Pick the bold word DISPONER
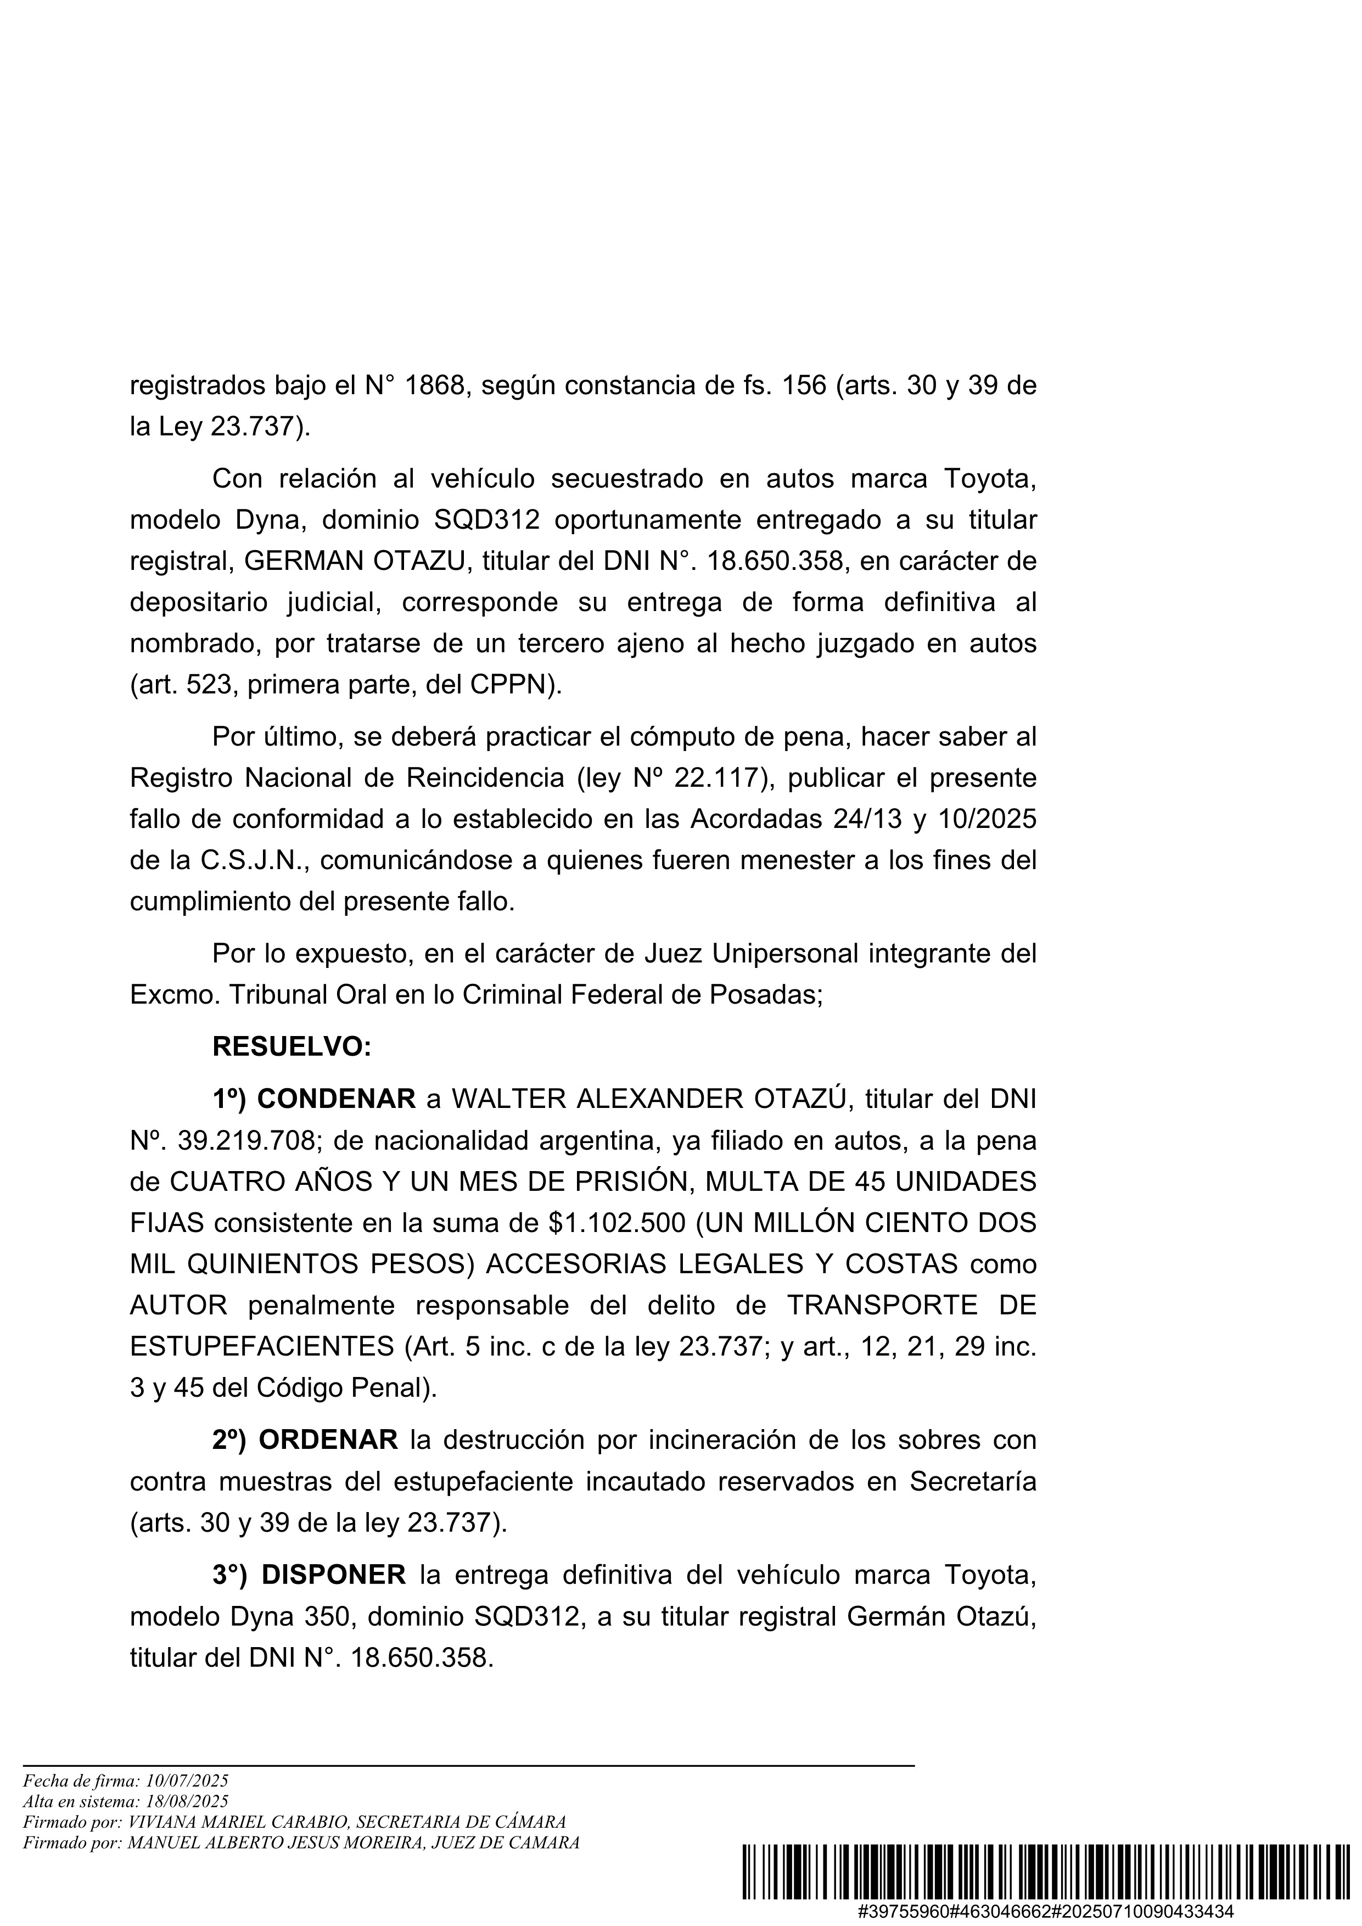(334, 1575)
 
